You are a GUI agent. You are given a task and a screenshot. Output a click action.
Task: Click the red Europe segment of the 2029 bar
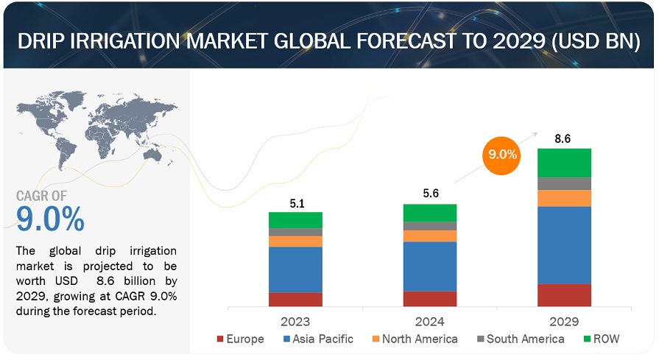point(565,295)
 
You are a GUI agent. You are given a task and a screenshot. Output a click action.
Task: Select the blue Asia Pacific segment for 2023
point(295,269)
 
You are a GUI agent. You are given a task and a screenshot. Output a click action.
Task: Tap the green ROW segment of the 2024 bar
point(430,213)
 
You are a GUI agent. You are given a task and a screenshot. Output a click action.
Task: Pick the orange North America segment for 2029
point(565,198)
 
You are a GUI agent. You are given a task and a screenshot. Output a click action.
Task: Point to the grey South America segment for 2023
point(295,232)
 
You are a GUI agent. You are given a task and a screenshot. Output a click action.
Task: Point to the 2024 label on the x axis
point(430,322)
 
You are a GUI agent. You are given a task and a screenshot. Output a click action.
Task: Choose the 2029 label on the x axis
point(565,322)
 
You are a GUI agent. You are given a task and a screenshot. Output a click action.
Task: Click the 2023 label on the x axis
point(295,322)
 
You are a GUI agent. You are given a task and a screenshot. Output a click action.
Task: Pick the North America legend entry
point(415,339)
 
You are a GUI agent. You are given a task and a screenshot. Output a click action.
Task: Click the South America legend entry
point(521,339)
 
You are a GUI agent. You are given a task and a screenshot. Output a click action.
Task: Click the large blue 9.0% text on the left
point(50,219)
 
